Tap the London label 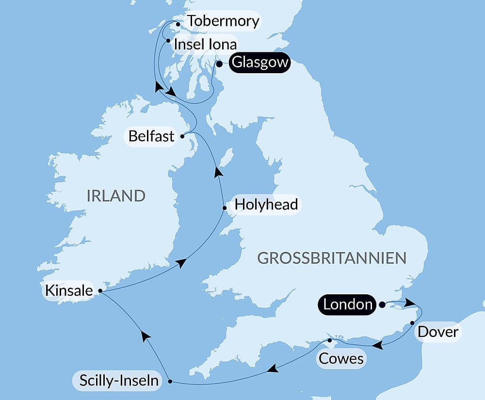pos(347,304)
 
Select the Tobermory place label pos(223,21)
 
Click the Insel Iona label pos(205,45)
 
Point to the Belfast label pos(151,136)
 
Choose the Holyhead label pos(266,205)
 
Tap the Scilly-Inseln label pos(116,381)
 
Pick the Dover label pos(437,332)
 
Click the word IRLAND pos(116,196)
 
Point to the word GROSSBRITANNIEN pos(332,258)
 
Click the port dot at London pos(382,304)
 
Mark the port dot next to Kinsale pos(100,291)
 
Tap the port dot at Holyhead pos(224,208)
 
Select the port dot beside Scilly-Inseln pos(170,382)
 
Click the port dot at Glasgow pos(219,64)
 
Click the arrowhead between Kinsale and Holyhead pos(181,263)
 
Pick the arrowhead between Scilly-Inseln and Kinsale pos(144,334)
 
